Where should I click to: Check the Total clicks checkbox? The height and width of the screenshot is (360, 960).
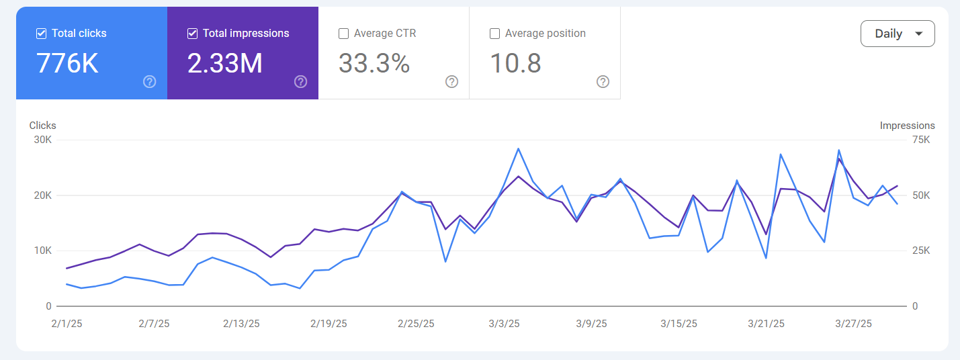[x=42, y=34]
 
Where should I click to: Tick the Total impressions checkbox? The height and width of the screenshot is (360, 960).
[x=193, y=34]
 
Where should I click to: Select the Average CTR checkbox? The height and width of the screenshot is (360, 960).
[x=344, y=34]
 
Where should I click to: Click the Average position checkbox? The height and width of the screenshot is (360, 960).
[x=495, y=34]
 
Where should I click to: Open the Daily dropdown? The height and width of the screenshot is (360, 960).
[x=897, y=34]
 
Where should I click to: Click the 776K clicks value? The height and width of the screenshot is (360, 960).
[x=68, y=63]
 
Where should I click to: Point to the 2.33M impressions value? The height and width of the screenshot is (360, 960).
[x=224, y=63]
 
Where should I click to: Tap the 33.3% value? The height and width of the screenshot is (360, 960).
[x=374, y=63]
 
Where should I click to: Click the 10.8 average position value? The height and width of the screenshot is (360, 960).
[x=515, y=63]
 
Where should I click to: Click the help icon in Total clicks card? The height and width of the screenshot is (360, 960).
[x=150, y=82]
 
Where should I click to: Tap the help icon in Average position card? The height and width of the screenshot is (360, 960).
[x=603, y=82]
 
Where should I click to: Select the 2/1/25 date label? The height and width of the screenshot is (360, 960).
[x=66, y=323]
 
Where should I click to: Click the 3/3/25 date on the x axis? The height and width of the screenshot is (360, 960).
[x=504, y=323]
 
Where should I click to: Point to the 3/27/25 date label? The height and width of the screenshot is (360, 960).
[x=853, y=323]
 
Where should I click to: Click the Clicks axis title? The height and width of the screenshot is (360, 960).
[x=42, y=126]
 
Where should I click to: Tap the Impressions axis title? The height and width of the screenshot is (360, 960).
[x=907, y=126]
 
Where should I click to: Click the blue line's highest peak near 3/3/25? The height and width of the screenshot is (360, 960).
[x=518, y=148]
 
